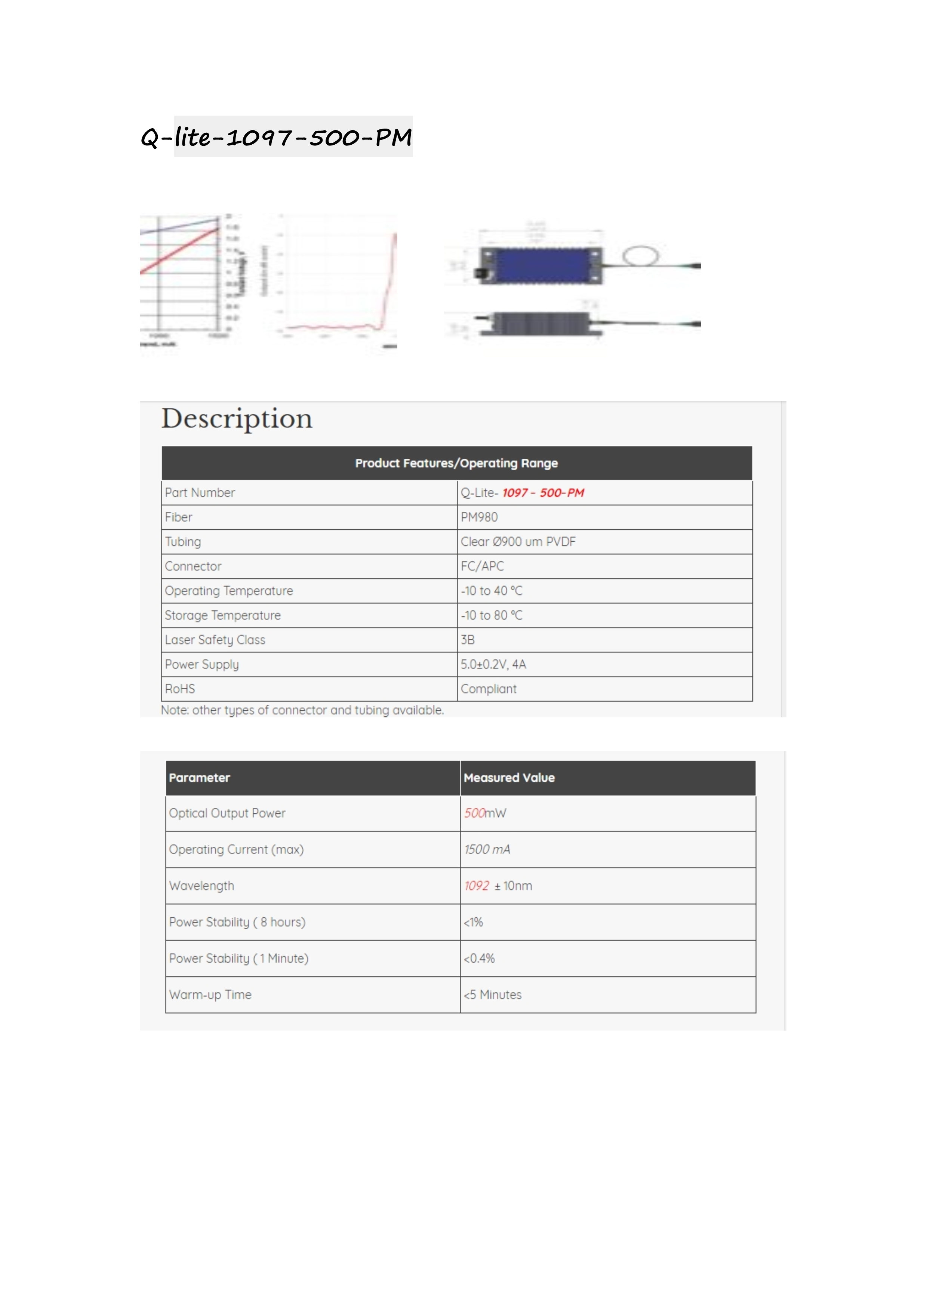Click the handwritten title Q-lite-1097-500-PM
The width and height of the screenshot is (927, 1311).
point(276,137)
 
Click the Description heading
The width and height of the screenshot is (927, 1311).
point(237,419)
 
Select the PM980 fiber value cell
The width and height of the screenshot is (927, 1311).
point(480,517)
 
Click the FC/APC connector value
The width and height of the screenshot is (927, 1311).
point(482,566)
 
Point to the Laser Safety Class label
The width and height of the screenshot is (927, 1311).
point(215,640)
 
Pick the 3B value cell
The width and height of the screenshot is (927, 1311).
point(468,640)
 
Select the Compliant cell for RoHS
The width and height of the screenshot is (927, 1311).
point(489,689)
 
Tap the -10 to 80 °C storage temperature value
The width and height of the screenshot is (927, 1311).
point(492,616)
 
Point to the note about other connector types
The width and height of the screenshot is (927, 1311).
point(302,710)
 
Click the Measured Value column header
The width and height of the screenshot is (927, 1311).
point(509,778)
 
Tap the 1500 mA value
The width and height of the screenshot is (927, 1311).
point(487,850)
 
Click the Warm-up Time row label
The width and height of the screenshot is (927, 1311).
point(210,995)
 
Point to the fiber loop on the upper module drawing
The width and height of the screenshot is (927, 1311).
point(640,255)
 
